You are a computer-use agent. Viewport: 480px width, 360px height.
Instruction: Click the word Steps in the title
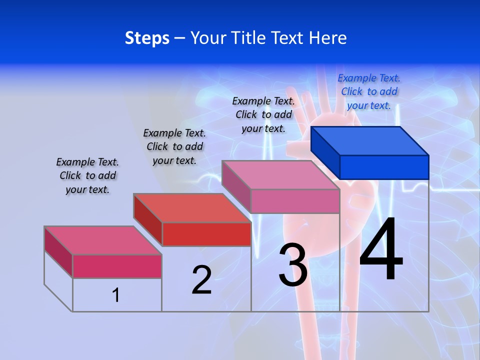147,38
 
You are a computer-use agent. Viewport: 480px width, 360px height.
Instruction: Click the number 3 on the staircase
293,265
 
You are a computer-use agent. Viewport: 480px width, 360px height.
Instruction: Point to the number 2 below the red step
201,280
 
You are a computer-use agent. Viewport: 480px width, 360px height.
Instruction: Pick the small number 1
116,295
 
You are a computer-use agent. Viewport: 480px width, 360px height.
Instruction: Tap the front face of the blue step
384,167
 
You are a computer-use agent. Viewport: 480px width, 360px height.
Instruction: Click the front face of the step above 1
117,266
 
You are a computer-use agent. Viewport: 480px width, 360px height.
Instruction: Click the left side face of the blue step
325,150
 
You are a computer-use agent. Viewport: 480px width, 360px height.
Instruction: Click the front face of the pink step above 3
295,201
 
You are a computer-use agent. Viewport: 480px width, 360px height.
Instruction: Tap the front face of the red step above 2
206,234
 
